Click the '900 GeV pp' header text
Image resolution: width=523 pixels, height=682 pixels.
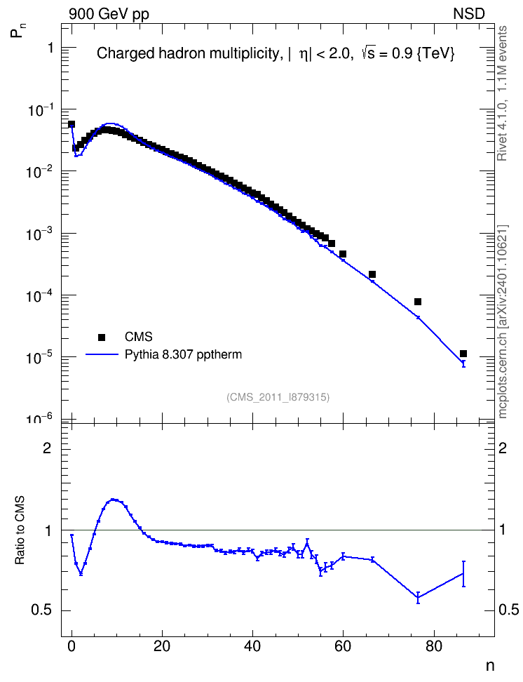coord(109,14)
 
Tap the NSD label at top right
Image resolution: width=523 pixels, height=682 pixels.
coord(468,14)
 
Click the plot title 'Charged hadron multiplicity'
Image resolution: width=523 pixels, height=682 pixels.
coord(187,53)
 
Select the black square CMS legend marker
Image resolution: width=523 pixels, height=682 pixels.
coord(102,337)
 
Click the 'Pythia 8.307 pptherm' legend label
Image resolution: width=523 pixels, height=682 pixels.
coord(183,354)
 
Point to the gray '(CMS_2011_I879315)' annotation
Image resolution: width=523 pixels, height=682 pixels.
coord(278,397)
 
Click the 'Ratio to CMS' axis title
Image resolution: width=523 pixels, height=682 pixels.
coord(20,530)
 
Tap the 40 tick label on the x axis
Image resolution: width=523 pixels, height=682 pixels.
coord(252,646)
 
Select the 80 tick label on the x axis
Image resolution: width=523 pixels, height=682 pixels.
coord(433,646)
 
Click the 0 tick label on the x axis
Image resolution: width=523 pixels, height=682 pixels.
coord(72,646)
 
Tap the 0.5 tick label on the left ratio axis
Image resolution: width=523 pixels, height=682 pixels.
coord(41,610)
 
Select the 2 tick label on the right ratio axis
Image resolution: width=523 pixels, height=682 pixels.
coord(503,448)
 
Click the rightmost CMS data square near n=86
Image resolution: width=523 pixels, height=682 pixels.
coord(463,354)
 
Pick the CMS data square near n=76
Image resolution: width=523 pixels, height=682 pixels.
coord(418,302)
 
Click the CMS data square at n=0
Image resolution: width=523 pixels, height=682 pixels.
coord(72,124)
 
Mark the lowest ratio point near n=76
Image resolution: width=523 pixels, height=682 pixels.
coord(418,598)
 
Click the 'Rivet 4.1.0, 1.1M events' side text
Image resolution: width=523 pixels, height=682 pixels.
coord(502,93)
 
